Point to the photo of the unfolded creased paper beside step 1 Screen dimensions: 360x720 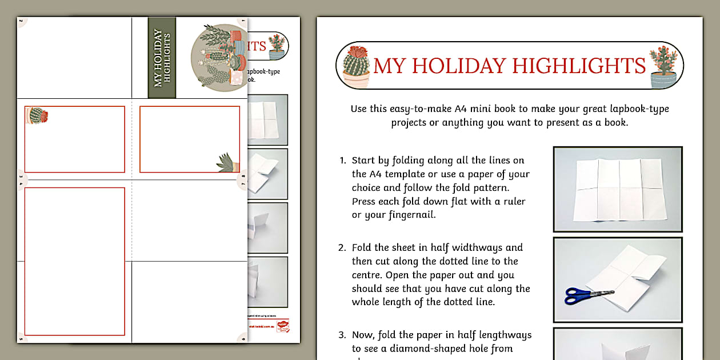pos(618,189)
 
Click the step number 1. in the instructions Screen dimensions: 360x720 pos(343,161)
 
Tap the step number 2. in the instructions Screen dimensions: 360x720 pos(343,248)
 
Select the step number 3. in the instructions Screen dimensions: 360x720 pos(343,335)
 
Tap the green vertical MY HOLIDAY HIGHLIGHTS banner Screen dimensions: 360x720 pos(162,58)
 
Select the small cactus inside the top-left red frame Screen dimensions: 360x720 pos(37,115)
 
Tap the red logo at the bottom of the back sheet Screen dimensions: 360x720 pos(282,326)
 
